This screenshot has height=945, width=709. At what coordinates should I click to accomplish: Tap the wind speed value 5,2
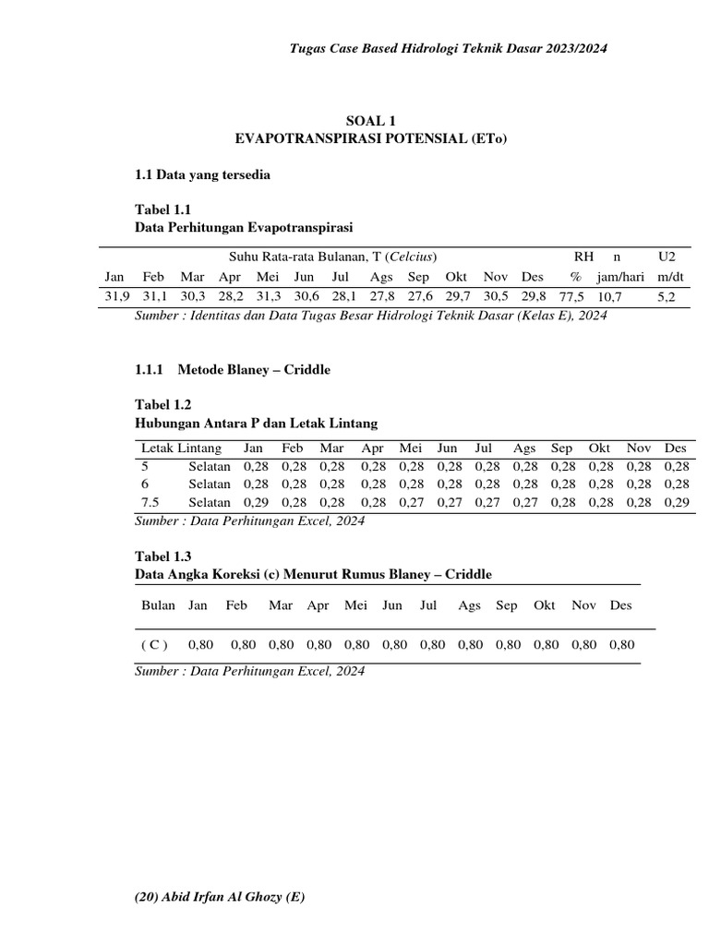(x=667, y=296)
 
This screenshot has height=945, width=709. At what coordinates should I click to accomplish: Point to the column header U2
(x=667, y=255)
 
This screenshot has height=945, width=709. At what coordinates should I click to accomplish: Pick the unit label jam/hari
(x=621, y=276)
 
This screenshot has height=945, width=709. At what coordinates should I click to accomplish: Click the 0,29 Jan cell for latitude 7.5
(x=256, y=502)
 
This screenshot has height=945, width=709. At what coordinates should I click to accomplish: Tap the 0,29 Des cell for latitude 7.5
(x=676, y=502)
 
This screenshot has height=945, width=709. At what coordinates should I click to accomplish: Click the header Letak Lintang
(x=181, y=449)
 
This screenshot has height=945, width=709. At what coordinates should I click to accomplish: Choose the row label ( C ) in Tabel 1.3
(x=155, y=645)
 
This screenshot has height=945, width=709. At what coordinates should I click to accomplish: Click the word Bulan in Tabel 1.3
(x=158, y=605)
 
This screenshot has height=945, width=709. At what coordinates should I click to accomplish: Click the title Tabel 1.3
(x=163, y=556)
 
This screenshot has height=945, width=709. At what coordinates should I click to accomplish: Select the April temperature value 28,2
(x=231, y=296)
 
